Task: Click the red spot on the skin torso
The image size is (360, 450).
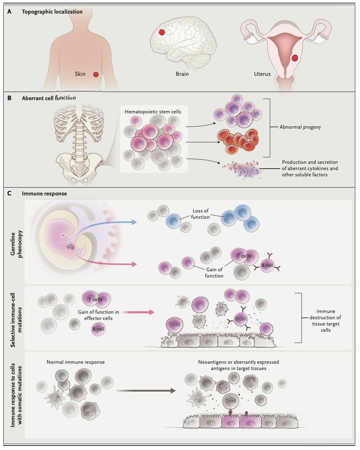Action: coord(96,75)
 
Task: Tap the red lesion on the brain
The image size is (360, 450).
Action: coord(162,33)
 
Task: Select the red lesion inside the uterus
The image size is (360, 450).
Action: coord(295,58)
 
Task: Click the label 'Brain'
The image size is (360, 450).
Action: coord(182,74)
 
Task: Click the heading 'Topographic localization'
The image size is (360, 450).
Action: coord(52,12)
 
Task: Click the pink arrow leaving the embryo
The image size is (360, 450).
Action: coord(113,262)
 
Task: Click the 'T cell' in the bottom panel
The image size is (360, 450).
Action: coord(230,401)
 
